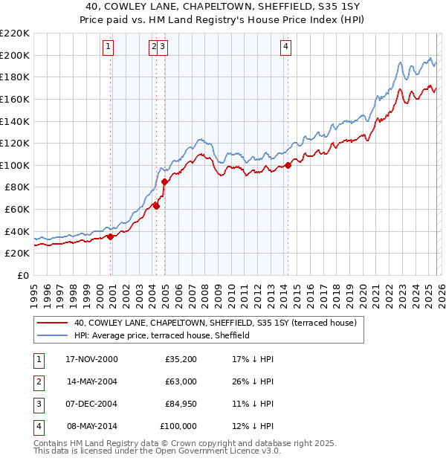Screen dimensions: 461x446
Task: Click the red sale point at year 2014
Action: click(x=288, y=165)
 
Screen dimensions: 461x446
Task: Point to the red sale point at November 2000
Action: click(x=111, y=236)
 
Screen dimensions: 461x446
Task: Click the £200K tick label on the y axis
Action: click(x=15, y=55)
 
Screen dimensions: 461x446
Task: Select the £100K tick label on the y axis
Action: click(x=15, y=165)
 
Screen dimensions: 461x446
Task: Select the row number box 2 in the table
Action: click(x=39, y=381)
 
